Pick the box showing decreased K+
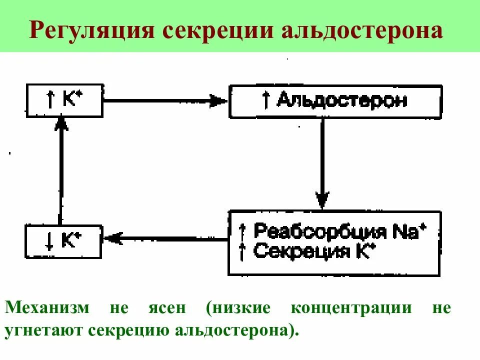63,241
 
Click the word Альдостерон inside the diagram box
342,101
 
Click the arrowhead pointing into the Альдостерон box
219,100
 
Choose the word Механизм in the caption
47,308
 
